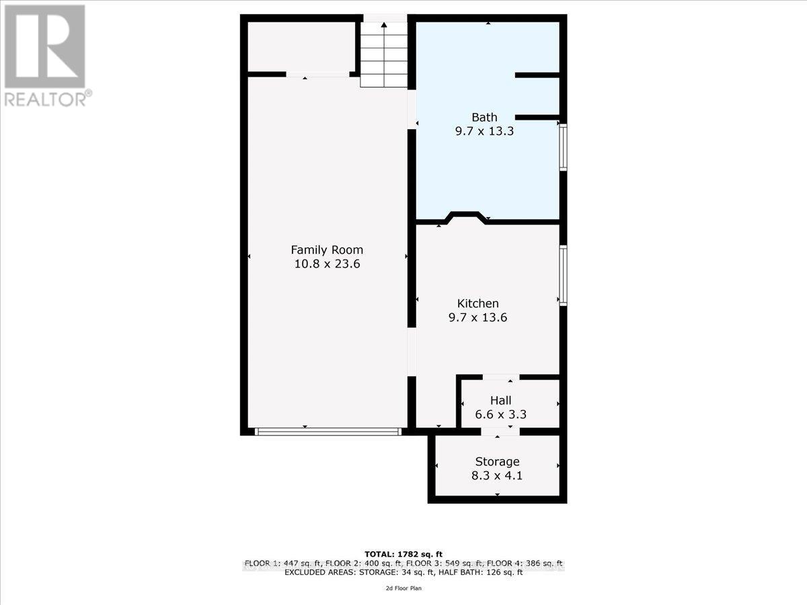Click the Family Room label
tap(327, 249)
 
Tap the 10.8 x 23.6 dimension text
tap(327, 264)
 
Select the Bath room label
tap(484, 117)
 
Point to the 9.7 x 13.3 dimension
tap(484, 132)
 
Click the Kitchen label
tap(477, 303)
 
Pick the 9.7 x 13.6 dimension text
tap(477, 318)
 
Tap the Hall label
tap(500, 401)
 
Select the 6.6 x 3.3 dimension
tap(500, 415)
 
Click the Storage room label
tap(497, 462)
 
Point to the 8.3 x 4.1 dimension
tap(497, 476)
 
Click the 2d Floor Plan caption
tap(403, 588)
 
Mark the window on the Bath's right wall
tap(564, 147)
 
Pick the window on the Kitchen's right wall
tap(564, 276)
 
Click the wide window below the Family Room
tap(328, 432)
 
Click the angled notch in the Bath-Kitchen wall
tap(467, 216)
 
